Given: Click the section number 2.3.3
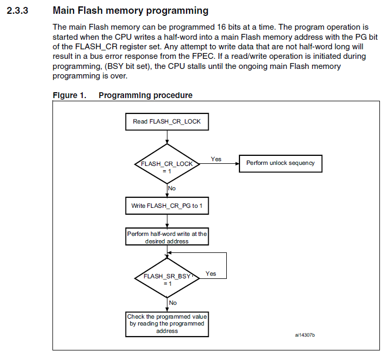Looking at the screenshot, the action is (x=17, y=11).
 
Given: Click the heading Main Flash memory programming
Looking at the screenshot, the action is (x=130, y=11).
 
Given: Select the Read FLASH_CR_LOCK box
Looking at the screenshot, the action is (x=167, y=121).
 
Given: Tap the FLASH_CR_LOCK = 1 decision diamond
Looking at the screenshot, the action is (x=167, y=164).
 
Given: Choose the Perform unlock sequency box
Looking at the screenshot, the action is (x=280, y=163).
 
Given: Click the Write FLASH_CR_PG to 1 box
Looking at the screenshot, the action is (x=167, y=206).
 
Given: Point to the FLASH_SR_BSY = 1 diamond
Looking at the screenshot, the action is (x=167, y=278).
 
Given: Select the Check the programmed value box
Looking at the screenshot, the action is (x=167, y=324).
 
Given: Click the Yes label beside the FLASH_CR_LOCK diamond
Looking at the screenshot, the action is (x=216, y=159).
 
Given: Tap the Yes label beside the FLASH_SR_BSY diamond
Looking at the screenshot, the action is (x=211, y=274).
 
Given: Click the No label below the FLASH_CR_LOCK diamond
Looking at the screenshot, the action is (x=172, y=188).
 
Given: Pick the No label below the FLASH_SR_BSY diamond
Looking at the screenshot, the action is (x=173, y=303).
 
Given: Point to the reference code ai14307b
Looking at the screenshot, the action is (x=305, y=335).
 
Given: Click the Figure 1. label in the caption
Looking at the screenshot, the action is (x=69, y=95).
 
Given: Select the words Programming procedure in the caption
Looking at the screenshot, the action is (x=146, y=95).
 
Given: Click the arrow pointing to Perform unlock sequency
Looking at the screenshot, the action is (x=219, y=164).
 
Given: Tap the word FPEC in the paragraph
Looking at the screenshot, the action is (x=203, y=56).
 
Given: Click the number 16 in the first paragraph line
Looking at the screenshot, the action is (x=221, y=27).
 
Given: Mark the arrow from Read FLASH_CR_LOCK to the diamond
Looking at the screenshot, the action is (x=167, y=137).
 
